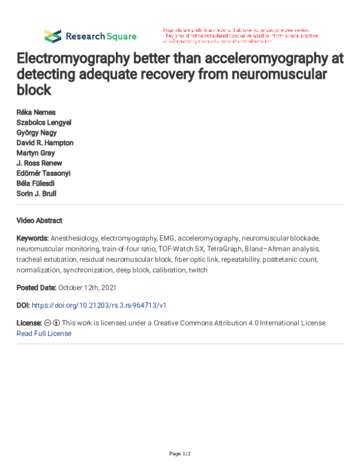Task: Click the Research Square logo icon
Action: click(x=53, y=36)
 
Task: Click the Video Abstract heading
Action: click(x=39, y=220)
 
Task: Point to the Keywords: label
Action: click(x=33, y=238)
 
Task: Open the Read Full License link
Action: click(x=44, y=333)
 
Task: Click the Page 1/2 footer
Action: click(x=179, y=453)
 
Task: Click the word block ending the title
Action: click(x=34, y=91)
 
